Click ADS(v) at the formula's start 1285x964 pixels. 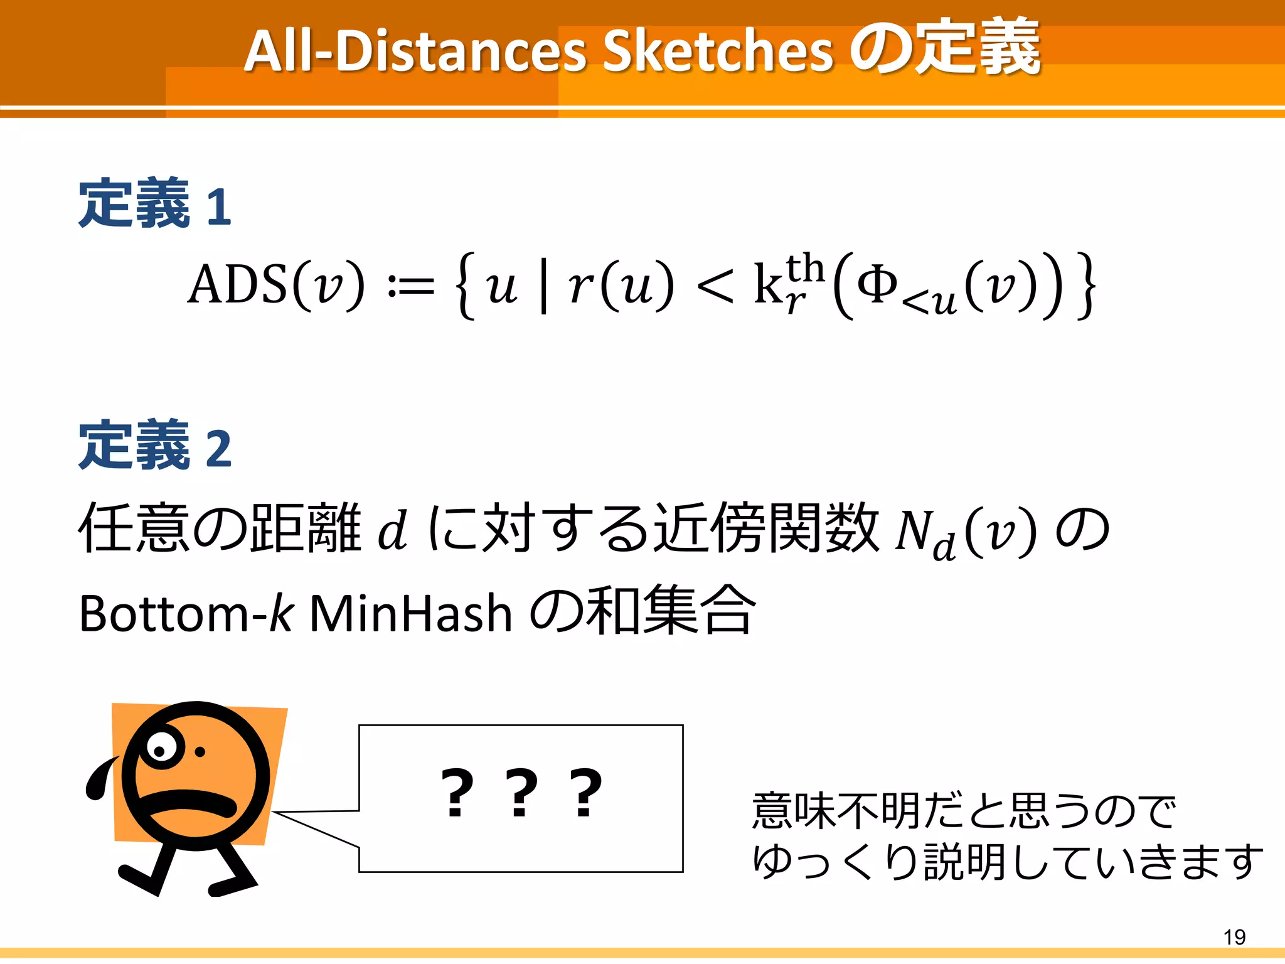pyautogui.click(x=276, y=286)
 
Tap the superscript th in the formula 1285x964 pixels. pyautogui.click(x=805, y=269)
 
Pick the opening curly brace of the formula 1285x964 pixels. pyautogui.click(x=465, y=286)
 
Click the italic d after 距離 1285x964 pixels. pyautogui.click(x=393, y=530)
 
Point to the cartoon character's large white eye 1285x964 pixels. pyautogui.click(x=162, y=749)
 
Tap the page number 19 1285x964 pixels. pyautogui.click(x=1234, y=937)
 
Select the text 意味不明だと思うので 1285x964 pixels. pyautogui.click(x=964, y=811)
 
